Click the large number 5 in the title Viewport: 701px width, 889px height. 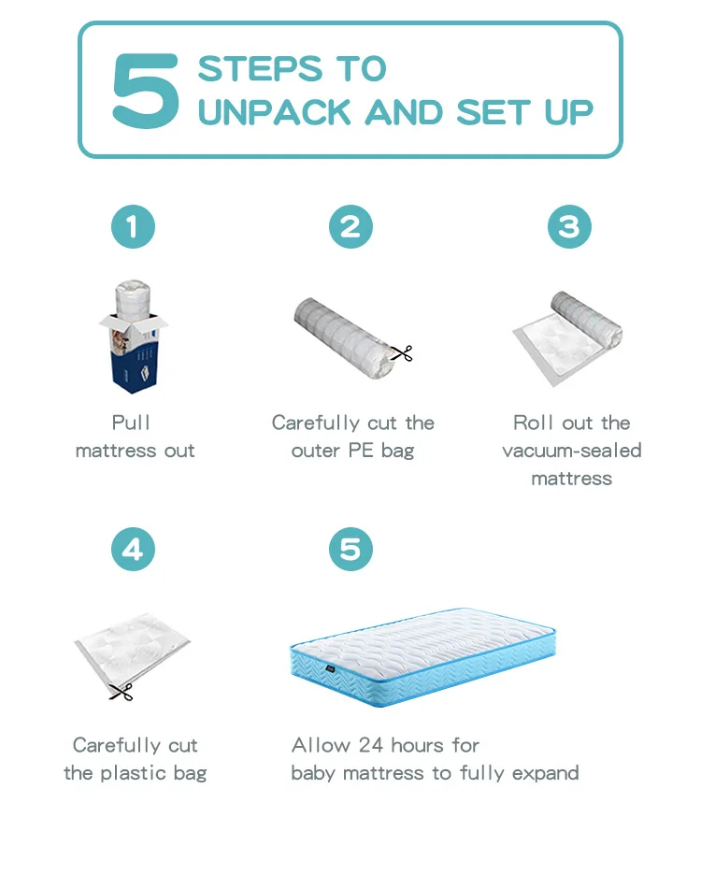tap(146, 92)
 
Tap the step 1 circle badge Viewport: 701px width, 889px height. tap(133, 227)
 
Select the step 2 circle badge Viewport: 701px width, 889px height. tap(350, 227)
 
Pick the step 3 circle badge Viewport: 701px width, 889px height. tap(569, 227)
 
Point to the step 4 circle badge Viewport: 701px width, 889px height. tap(133, 549)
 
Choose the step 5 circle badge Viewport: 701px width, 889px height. tap(350, 549)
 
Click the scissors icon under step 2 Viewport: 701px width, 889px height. tap(402, 353)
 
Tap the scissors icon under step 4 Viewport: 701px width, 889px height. tap(121, 692)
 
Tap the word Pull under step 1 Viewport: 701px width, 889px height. tap(132, 423)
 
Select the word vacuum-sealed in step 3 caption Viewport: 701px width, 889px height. tap(571, 451)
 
